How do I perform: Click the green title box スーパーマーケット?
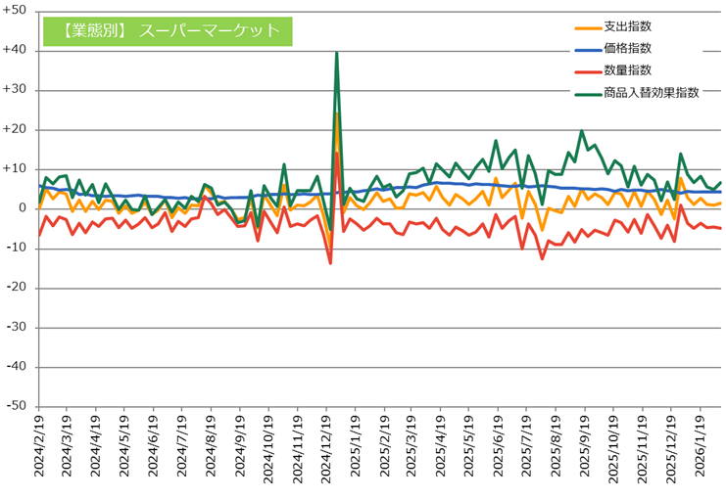click(x=168, y=30)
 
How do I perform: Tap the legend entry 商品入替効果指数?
click(x=651, y=93)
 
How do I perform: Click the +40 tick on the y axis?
click(x=17, y=50)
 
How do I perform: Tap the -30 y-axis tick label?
click(x=19, y=328)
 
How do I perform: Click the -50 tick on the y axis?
click(x=19, y=407)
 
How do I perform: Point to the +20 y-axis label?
click(x=17, y=129)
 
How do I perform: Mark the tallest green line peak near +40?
click(x=336, y=54)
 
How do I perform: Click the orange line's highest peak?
click(x=336, y=113)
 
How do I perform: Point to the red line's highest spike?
click(x=336, y=153)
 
